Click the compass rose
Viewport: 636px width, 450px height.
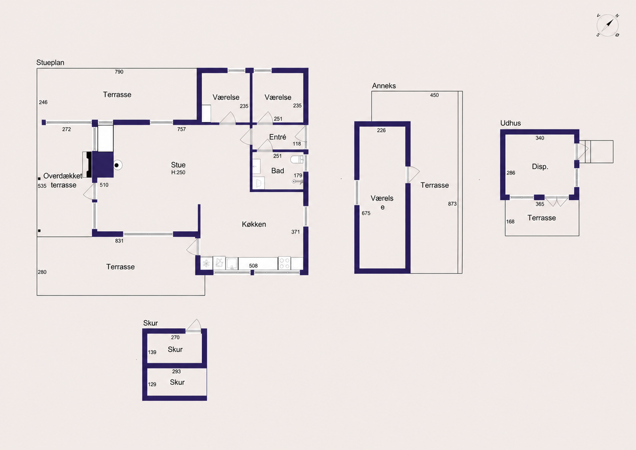click(x=608, y=25)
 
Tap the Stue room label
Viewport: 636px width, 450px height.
click(x=178, y=165)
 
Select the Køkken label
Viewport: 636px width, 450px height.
click(x=254, y=224)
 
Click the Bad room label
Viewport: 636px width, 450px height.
click(x=277, y=170)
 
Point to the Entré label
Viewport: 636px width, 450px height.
click(x=277, y=137)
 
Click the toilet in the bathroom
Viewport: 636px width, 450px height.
click(x=297, y=159)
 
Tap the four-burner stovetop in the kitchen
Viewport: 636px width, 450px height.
click(x=284, y=263)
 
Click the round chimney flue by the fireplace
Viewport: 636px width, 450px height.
click(x=117, y=165)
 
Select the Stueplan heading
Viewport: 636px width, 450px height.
click(x=50, y=63)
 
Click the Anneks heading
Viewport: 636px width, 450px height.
click(x=384, y=86)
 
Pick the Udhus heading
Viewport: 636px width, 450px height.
click(x=510, y=123)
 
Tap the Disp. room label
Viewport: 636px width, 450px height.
click(x=540, y=166)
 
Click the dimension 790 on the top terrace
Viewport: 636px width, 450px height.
click(x=119, y=72)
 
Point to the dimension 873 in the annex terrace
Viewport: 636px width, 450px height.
click(x=452, y=204)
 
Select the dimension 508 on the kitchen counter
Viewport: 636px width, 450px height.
click(x=253, y=266)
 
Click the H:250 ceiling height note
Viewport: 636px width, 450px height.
click(x=178, y=172)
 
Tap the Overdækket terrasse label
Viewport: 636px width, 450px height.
click(x=63, y=180)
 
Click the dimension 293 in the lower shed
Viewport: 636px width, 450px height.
click(x=176, y=372)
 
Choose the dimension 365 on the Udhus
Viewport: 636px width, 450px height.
click(x=540, y=204)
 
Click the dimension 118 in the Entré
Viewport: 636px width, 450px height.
click(x=297, y=144)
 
